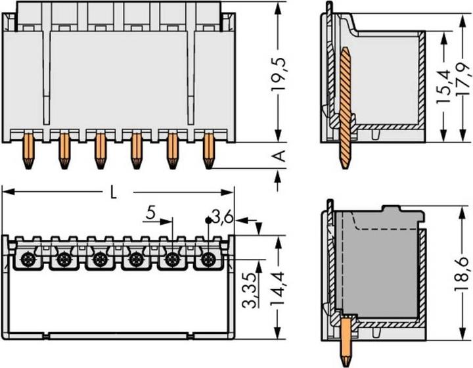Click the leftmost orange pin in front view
point(28,149)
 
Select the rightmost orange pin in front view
point(209,149)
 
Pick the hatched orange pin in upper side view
point(345,105)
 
